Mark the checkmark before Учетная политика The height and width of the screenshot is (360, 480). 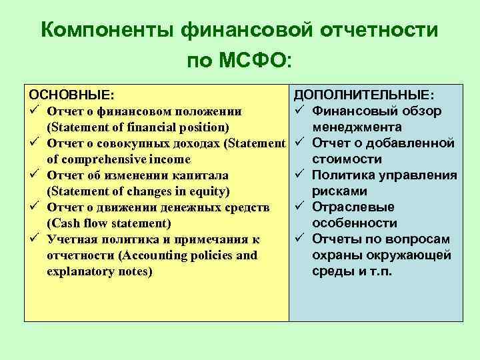click(33, 239)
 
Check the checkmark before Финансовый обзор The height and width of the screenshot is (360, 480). click(299, 111)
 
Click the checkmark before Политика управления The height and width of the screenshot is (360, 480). click(299, 175)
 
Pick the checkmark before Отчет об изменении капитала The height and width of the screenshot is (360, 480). click(33, 175)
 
